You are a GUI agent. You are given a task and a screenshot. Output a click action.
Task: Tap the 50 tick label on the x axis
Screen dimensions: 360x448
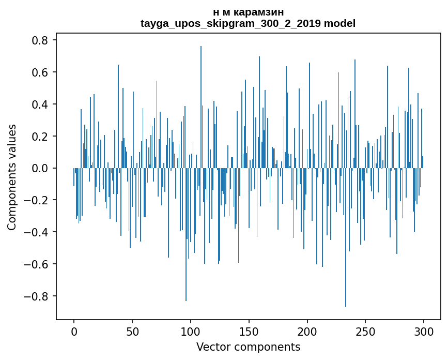pyautogui.click(x=132, y=331)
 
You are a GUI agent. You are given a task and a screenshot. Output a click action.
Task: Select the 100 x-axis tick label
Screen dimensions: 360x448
pyautogui.click(x=191, y=331)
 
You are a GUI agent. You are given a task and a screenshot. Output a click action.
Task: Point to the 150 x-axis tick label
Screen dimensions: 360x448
pyautogui.click(x=249, y=331)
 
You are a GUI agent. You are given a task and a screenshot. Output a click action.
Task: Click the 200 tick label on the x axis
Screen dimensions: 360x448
pyautogui.click(x=307, y=331)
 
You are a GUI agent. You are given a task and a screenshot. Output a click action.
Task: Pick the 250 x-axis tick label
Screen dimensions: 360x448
pyautogui.click(x=366, y=331)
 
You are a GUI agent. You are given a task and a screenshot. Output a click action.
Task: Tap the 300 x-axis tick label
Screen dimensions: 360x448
pyautogui.click(x=424, y=331)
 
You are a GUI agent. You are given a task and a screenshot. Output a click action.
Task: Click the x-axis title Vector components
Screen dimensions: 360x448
pyautogui.click(x=248, y=347)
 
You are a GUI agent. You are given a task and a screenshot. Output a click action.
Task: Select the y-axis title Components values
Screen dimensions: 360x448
pyautogui.click(x=12, y=177)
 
